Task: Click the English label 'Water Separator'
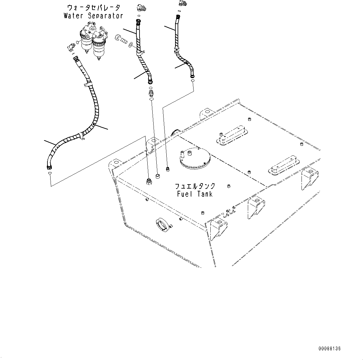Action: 93,16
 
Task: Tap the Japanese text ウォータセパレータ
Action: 94,7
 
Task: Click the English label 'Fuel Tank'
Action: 195,194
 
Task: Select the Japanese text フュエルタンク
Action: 195,186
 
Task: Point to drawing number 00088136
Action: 329,348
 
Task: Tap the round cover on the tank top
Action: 195,159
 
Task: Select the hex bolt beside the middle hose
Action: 121,39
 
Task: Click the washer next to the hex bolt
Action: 131,44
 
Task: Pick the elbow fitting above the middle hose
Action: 141,7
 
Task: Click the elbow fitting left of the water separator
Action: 70,47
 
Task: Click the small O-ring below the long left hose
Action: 50,174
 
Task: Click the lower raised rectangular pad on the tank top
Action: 284,165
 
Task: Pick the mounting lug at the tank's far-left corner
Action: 115,164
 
